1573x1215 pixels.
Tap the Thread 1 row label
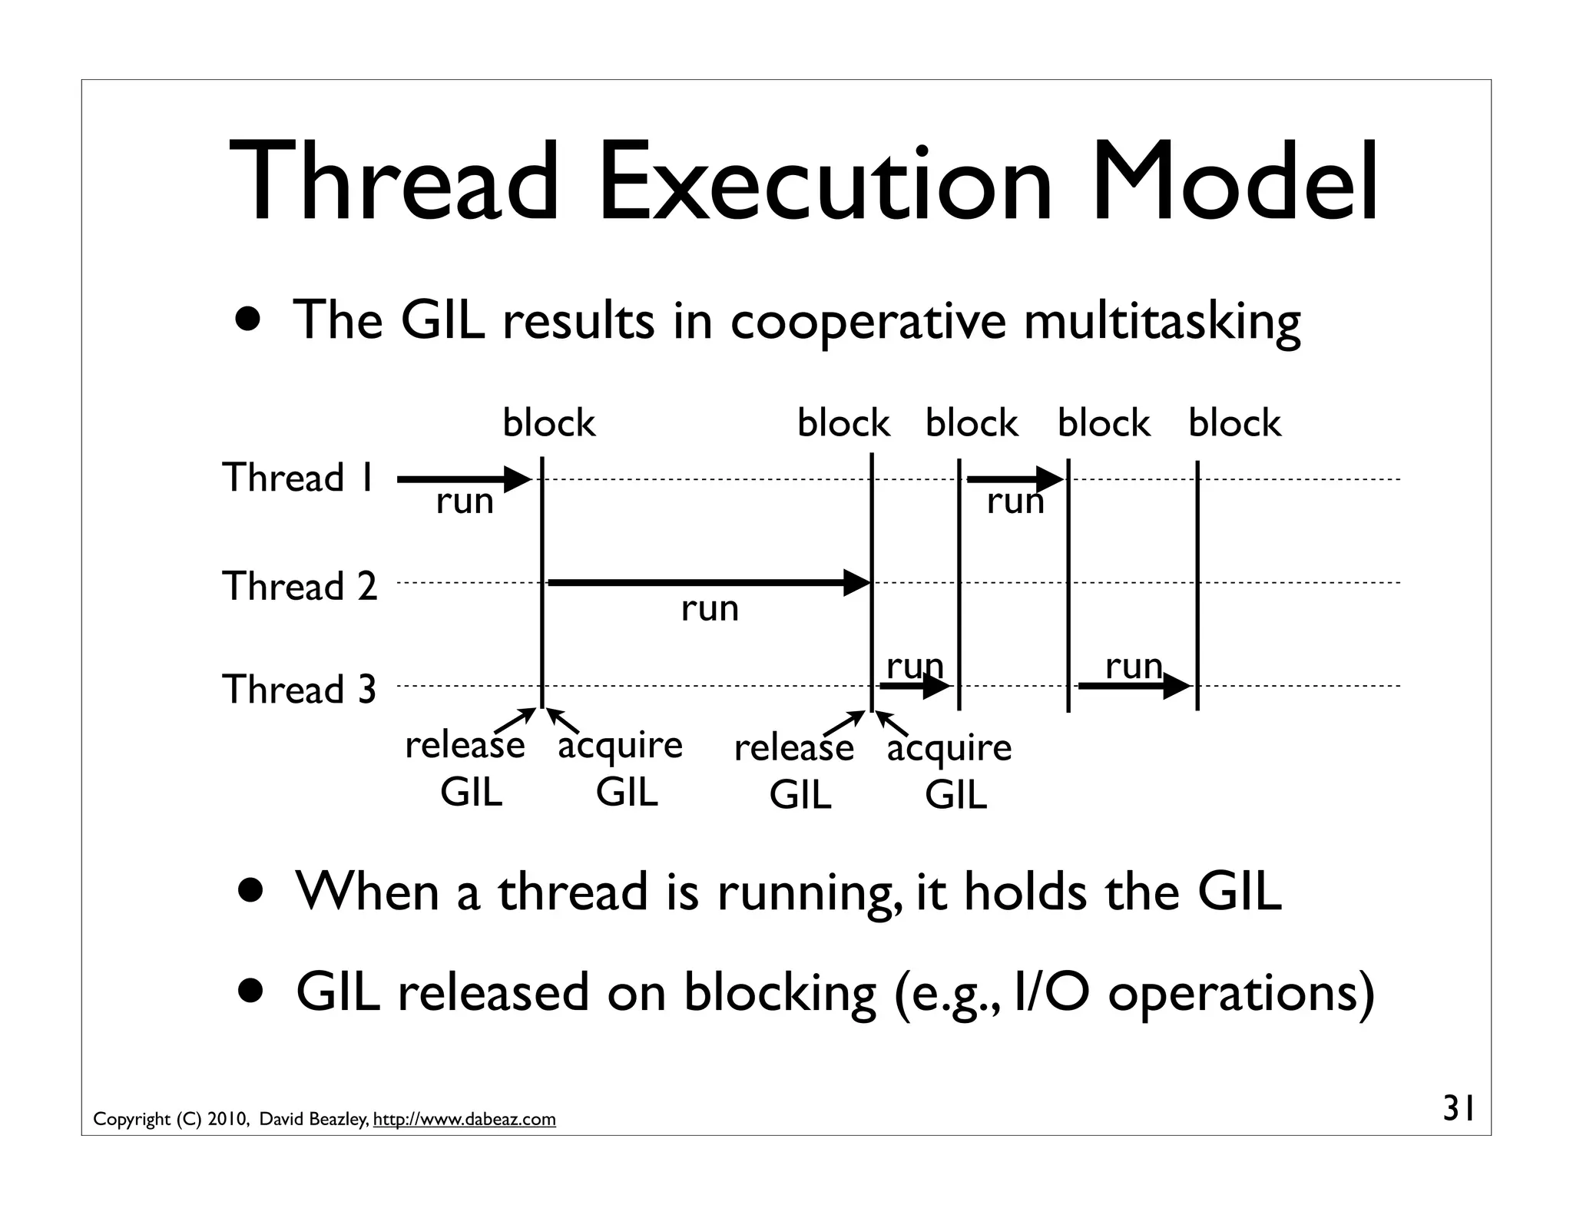point(298,478)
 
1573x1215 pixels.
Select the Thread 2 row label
point(300,587)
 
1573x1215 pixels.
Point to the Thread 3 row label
point(299,689)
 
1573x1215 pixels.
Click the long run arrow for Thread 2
point(707,583)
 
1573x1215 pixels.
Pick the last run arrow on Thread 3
point(1133,686)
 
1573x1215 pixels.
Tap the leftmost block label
point(548,423)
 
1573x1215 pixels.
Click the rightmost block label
point(1234,423)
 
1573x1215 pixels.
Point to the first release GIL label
point(465,767)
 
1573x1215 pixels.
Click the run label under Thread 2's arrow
point(710,610)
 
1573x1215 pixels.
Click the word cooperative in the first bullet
point(867,321)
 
